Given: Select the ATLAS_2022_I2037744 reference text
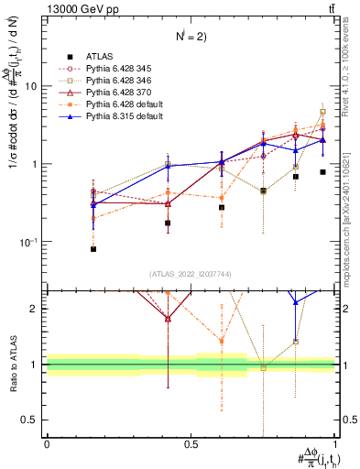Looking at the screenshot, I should pos(191,275).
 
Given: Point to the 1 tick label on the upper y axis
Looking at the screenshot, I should pos(34,164).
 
